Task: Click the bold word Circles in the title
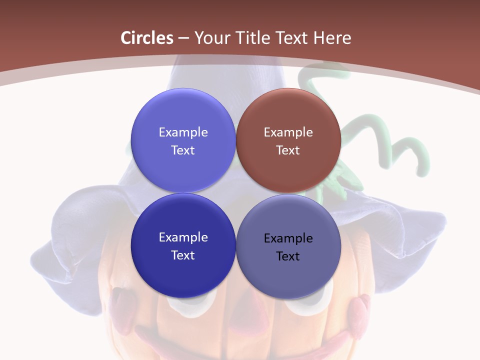[147, 38]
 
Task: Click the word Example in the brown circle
[288, 132]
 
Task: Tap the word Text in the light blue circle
[183, 150]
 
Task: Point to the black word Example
[288, 238]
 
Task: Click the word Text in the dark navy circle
[183, 255]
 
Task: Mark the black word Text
[288, 256]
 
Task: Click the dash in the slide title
[183, 38]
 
